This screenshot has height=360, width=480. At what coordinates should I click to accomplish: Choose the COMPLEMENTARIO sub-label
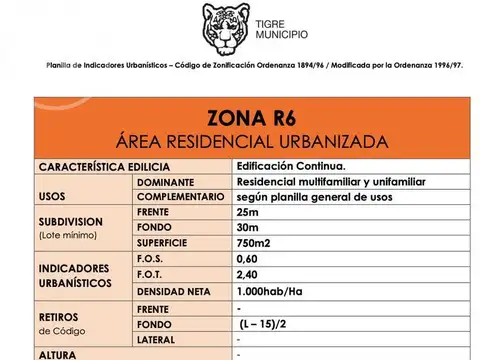point(180,197)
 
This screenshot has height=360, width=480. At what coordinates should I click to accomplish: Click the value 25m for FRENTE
point(249,213)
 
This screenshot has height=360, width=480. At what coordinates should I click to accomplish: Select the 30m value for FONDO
point(250,228)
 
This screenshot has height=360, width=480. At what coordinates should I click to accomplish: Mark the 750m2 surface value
point(255,244)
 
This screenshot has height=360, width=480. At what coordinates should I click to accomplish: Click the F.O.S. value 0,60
point(249,259)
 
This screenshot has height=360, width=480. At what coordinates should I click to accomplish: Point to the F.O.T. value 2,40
point(249,275)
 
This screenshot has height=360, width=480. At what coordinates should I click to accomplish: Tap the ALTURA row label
point(56,354)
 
